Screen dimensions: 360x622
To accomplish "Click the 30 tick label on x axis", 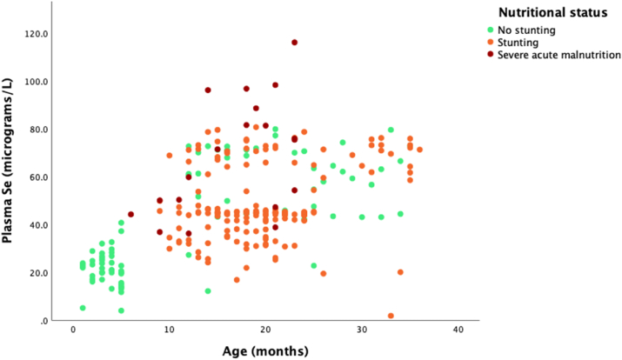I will click(x=362, y=330).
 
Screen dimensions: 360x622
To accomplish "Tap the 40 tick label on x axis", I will click(x=458, y=330).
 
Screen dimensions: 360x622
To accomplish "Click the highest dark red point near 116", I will click(x=295, y=43).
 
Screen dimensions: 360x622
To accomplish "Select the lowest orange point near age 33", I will click(x=391, y=316).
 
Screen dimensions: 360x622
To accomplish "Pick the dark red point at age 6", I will click(x=131, y=215).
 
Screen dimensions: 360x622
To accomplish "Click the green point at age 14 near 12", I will click(x=208, y=291).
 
